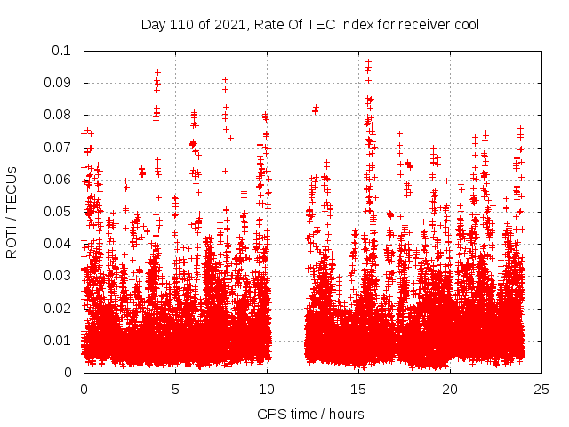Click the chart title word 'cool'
click(x=465, y=25)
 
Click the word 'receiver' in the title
click(x=421, y=25)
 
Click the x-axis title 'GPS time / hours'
click(x=310, y=414)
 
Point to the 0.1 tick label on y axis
click(x=61, y=51)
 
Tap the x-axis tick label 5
click(x=175, y=389)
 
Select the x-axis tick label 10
click(x=267, y=389)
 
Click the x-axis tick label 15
click(x=358, y=389)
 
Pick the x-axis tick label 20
click(x=450, y=389)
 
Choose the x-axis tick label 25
click(x=541, y=389)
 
